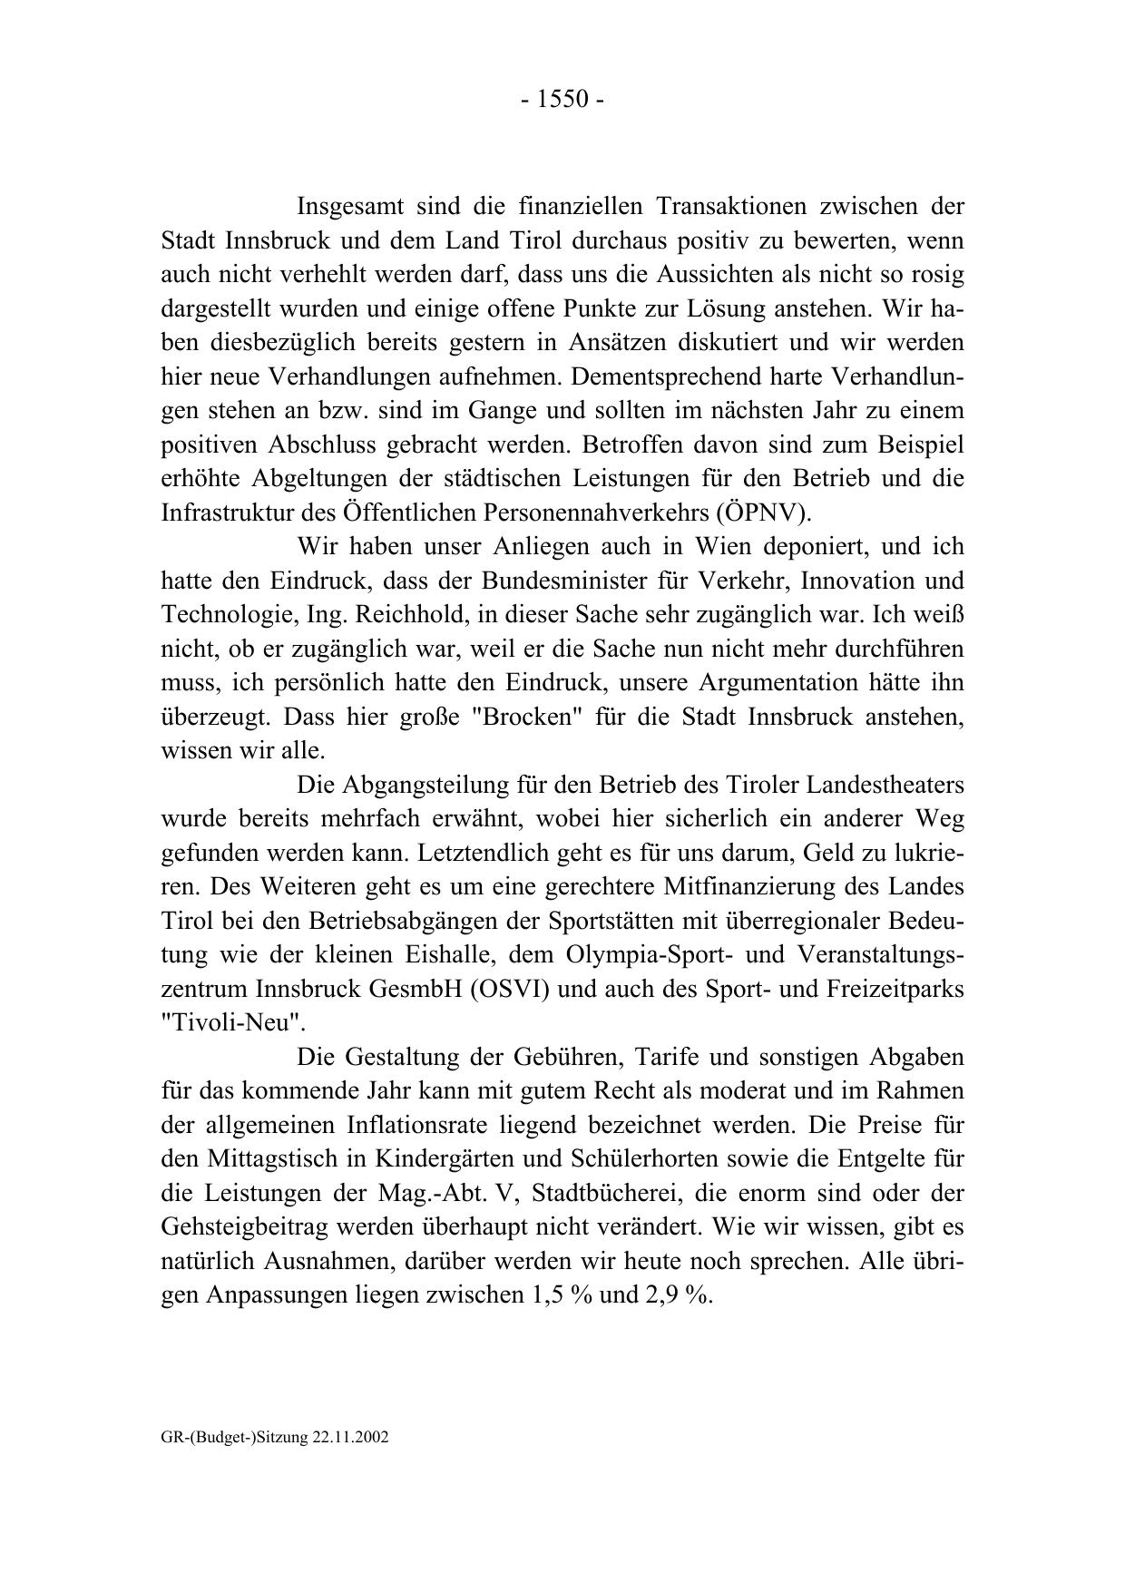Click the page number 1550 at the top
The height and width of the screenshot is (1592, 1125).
[562, 99]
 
